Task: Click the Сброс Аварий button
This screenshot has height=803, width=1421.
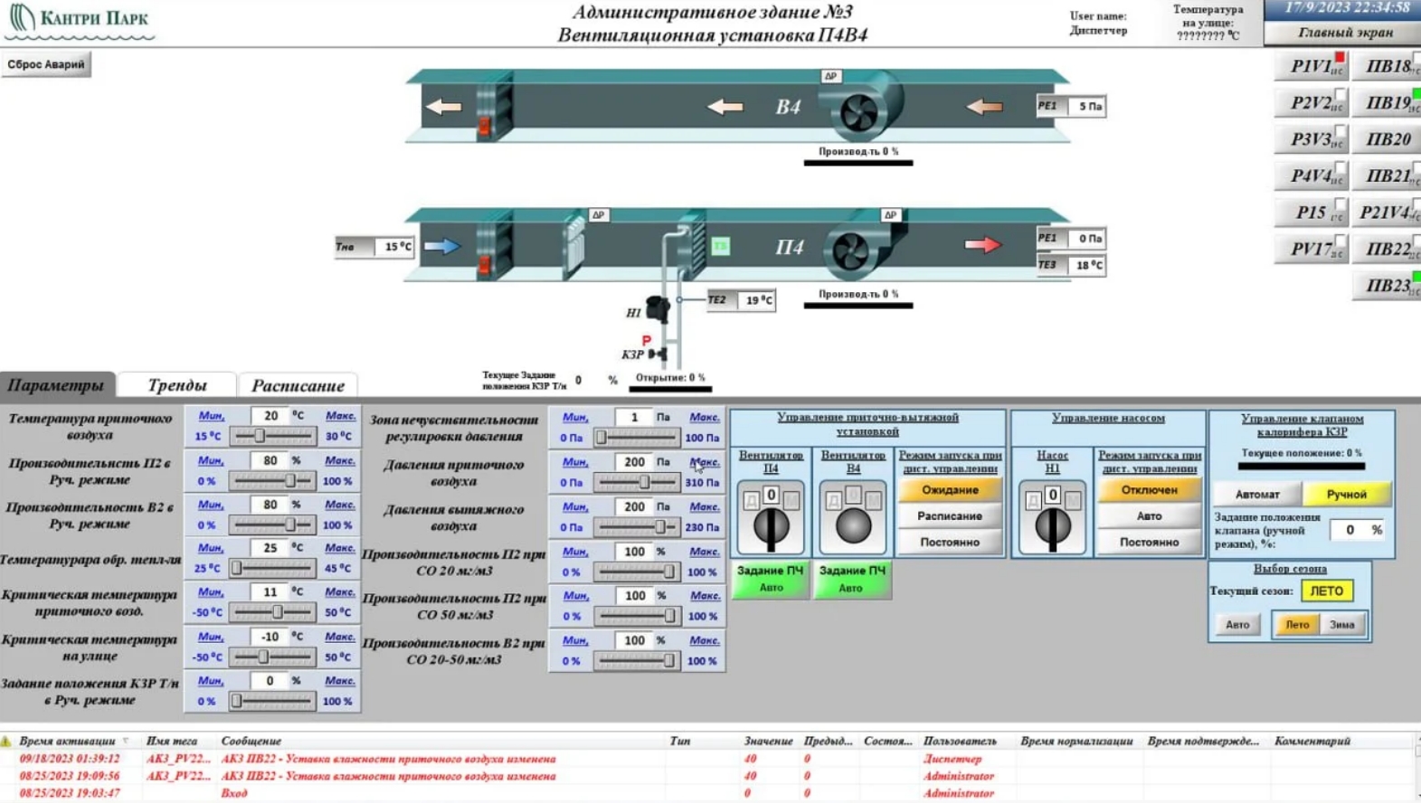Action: [46, 64]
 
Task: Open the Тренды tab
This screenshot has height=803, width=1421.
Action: [177, 385]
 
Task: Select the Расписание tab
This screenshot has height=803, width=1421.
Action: [298, 385]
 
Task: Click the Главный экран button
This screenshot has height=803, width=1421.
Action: [1345, 33]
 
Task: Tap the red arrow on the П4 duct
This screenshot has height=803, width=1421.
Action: [983, 245]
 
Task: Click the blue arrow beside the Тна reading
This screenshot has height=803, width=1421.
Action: [442, 246]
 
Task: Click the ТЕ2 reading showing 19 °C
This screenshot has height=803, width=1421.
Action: [758, 300]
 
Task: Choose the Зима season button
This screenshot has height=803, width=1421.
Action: [1341, 624]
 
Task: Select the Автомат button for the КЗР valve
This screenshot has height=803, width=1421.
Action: [1257, 494]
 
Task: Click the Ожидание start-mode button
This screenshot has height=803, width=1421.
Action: [950, 490]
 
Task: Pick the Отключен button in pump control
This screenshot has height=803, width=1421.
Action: [1149, 490]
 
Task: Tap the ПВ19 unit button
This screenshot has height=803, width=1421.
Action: [1388, 103]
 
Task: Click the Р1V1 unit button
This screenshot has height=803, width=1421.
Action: [1311, 67]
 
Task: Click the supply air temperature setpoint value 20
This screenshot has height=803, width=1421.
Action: [270, 416]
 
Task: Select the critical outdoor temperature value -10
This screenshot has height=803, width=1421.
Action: [270, 637]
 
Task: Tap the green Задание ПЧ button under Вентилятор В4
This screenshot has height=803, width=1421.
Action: [852, 579]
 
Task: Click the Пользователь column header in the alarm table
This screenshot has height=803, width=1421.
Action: [959, 741]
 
